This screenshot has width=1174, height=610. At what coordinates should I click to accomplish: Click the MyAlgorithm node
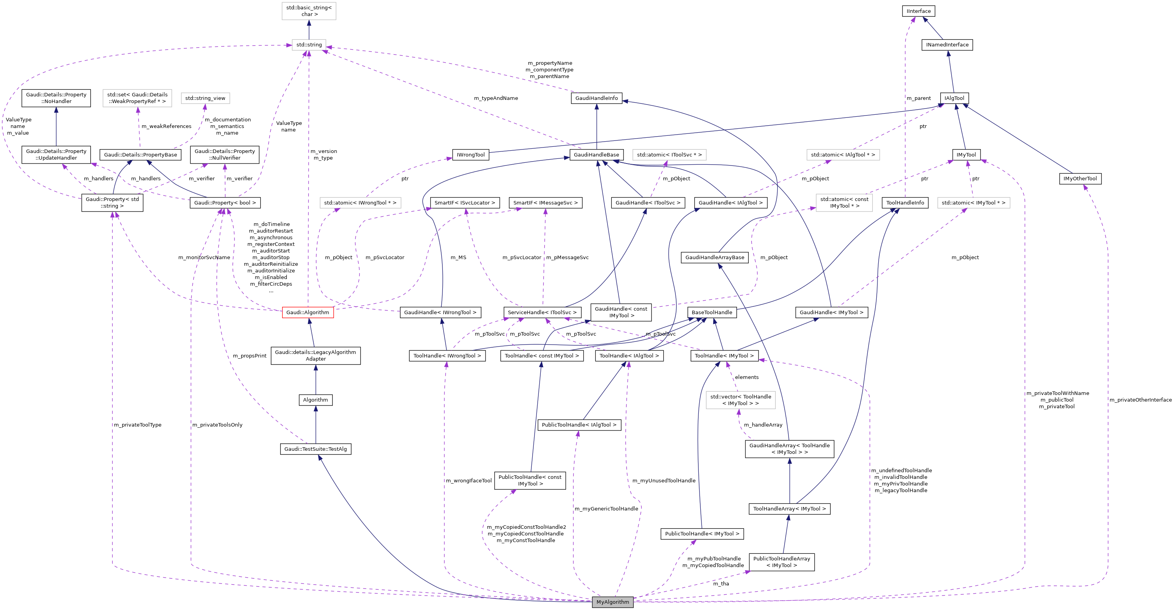(612, 602)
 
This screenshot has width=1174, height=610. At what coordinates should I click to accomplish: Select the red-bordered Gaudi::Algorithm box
(307, 312)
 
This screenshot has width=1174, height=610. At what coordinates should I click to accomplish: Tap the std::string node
(309, 44)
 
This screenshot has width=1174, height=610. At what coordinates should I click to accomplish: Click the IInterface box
(918, 11)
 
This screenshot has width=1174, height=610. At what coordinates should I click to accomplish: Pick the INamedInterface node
(947, 44)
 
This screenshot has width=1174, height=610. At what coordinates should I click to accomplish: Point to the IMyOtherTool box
(1080, 179)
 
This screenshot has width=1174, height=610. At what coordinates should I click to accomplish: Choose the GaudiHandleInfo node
(596, 98)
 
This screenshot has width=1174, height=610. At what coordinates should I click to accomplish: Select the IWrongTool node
(470, 155)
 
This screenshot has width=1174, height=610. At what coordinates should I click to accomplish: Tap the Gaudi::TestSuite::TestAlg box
(315, 449)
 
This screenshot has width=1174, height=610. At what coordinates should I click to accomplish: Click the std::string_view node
(205, 98)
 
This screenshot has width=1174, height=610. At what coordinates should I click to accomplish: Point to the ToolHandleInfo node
(905, 203)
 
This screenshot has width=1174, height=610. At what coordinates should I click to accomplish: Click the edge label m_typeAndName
(496, 98)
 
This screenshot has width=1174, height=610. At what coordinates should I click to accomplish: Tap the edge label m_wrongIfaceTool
(469, 480)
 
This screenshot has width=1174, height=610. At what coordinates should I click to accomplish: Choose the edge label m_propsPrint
(249, 356)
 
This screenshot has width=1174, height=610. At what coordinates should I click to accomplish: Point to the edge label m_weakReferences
(166, 126)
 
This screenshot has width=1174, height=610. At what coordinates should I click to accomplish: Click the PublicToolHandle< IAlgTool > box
(579, 425)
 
